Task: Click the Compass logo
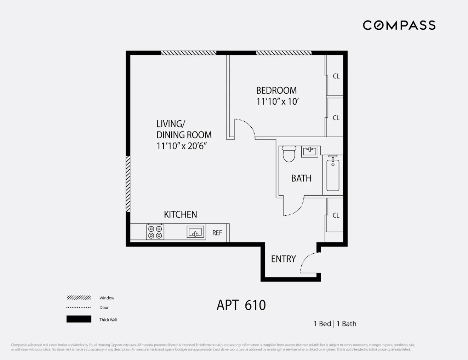click(399, 25)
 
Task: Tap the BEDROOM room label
click(276, 91)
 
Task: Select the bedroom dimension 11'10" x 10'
click(278, 101)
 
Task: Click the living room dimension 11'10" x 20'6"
click(182, 146)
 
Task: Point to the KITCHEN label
click(180, 214)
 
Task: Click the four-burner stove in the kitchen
click(155, 232)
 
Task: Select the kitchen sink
click(196, 232)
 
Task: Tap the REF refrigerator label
click(217, 233)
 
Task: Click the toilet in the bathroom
click(289, 154)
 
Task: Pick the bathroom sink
click(310, 151)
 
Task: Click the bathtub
click(333, 175)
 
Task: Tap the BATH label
click(301, 178)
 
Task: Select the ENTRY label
click(283, 259)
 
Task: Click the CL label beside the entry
click(336, 215)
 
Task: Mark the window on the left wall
click(128, 184)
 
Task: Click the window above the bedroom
click(284, 53)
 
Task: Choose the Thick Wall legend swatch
click(79, 319)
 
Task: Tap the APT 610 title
click(241, 305)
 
